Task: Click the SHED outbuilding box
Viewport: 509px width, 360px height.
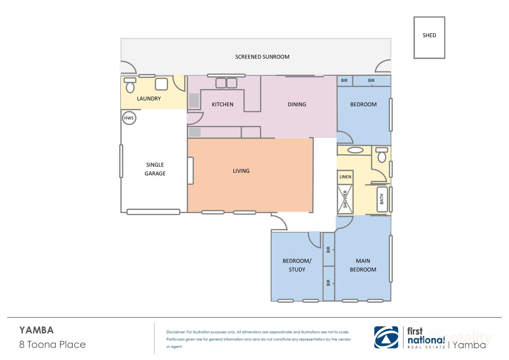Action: tap(429, 37)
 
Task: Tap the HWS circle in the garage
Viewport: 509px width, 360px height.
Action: tap(129, 118)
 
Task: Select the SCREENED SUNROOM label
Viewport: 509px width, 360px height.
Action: tap(262, 57)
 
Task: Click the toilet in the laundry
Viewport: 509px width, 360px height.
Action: tap(130, 85)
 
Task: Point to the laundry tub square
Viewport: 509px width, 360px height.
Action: tap(161, 84)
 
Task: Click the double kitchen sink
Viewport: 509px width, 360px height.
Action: tap(226, 83)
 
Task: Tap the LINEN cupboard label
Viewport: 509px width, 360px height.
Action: tap(345, 177)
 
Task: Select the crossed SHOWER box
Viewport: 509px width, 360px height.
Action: tap(345, 199)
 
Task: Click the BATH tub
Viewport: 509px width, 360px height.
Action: tap(382, 199)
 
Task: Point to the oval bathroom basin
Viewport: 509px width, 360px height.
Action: tap(355, 150)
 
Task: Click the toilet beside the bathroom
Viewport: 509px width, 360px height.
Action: tap(382, 155)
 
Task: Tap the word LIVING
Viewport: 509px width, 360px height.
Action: tap(241, 171)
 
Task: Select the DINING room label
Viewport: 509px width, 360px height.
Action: tap(297, 104)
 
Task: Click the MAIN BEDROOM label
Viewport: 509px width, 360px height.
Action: tap(363, 265)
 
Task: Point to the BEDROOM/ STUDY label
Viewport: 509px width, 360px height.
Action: tap(297, 265)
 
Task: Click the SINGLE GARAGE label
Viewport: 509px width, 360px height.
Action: tap(155, 169)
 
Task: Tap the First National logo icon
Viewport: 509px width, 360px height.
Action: tap(386, 337)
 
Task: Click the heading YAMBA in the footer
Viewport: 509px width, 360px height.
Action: tap(37, 330)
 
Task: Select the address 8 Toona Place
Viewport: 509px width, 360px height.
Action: tap(52, 344)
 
